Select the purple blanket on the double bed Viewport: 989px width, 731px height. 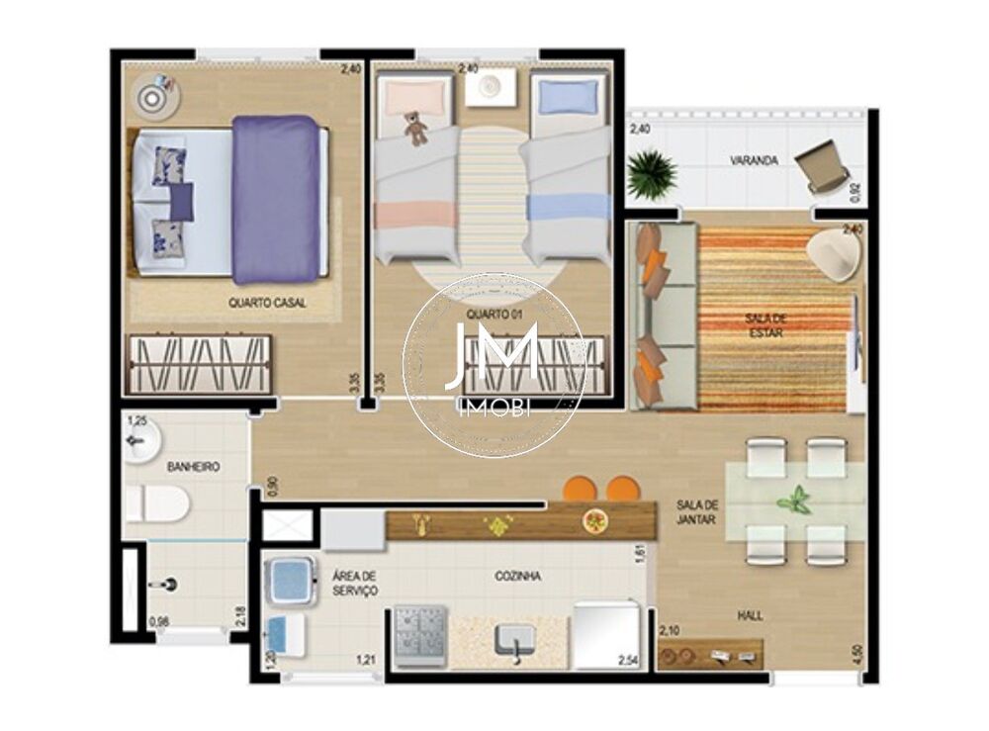276,199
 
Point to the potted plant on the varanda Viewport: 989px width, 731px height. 652,174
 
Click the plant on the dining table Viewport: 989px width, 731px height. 794,500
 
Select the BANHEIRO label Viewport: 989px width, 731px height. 192,466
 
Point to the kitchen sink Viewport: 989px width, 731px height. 514,640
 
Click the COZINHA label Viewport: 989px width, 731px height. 518,576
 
